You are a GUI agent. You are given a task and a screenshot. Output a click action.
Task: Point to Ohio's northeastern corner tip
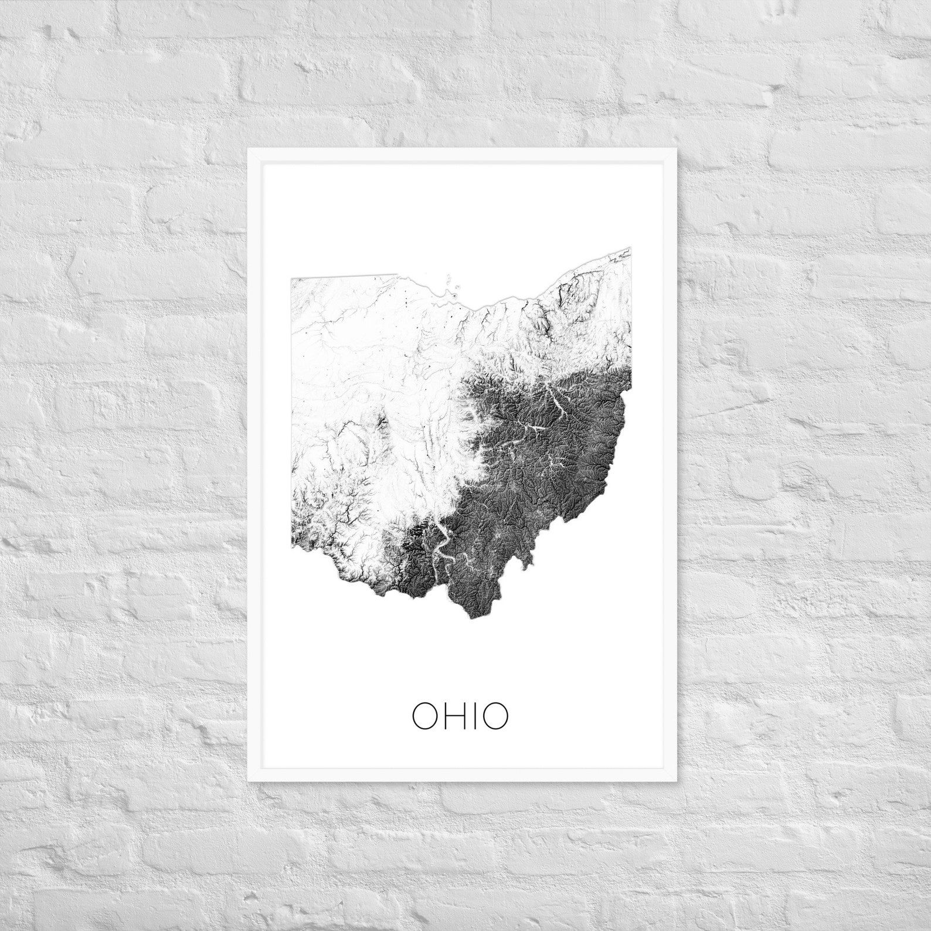(x=630, y=249)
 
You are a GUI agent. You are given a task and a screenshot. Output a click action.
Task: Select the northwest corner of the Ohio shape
(x=291, y=280)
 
